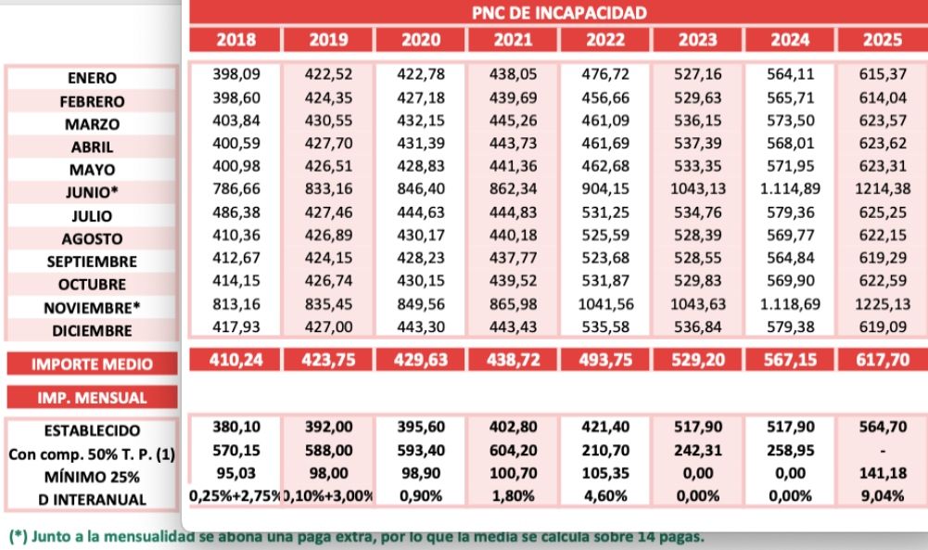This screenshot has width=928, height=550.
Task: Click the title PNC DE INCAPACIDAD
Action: pos(558,13)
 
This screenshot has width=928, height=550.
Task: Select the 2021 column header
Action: pos(513,40)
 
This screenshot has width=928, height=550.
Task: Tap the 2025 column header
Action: pos(882,40)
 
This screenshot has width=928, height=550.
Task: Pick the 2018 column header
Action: pos(235,40)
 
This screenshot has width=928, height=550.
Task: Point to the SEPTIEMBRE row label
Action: pos(92,262)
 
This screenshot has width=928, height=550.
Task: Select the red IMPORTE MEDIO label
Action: pos(92,365)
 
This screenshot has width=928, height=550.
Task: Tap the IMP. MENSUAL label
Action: pos(92,398)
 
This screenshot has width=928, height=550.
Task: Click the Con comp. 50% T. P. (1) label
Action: pos(92,454)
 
